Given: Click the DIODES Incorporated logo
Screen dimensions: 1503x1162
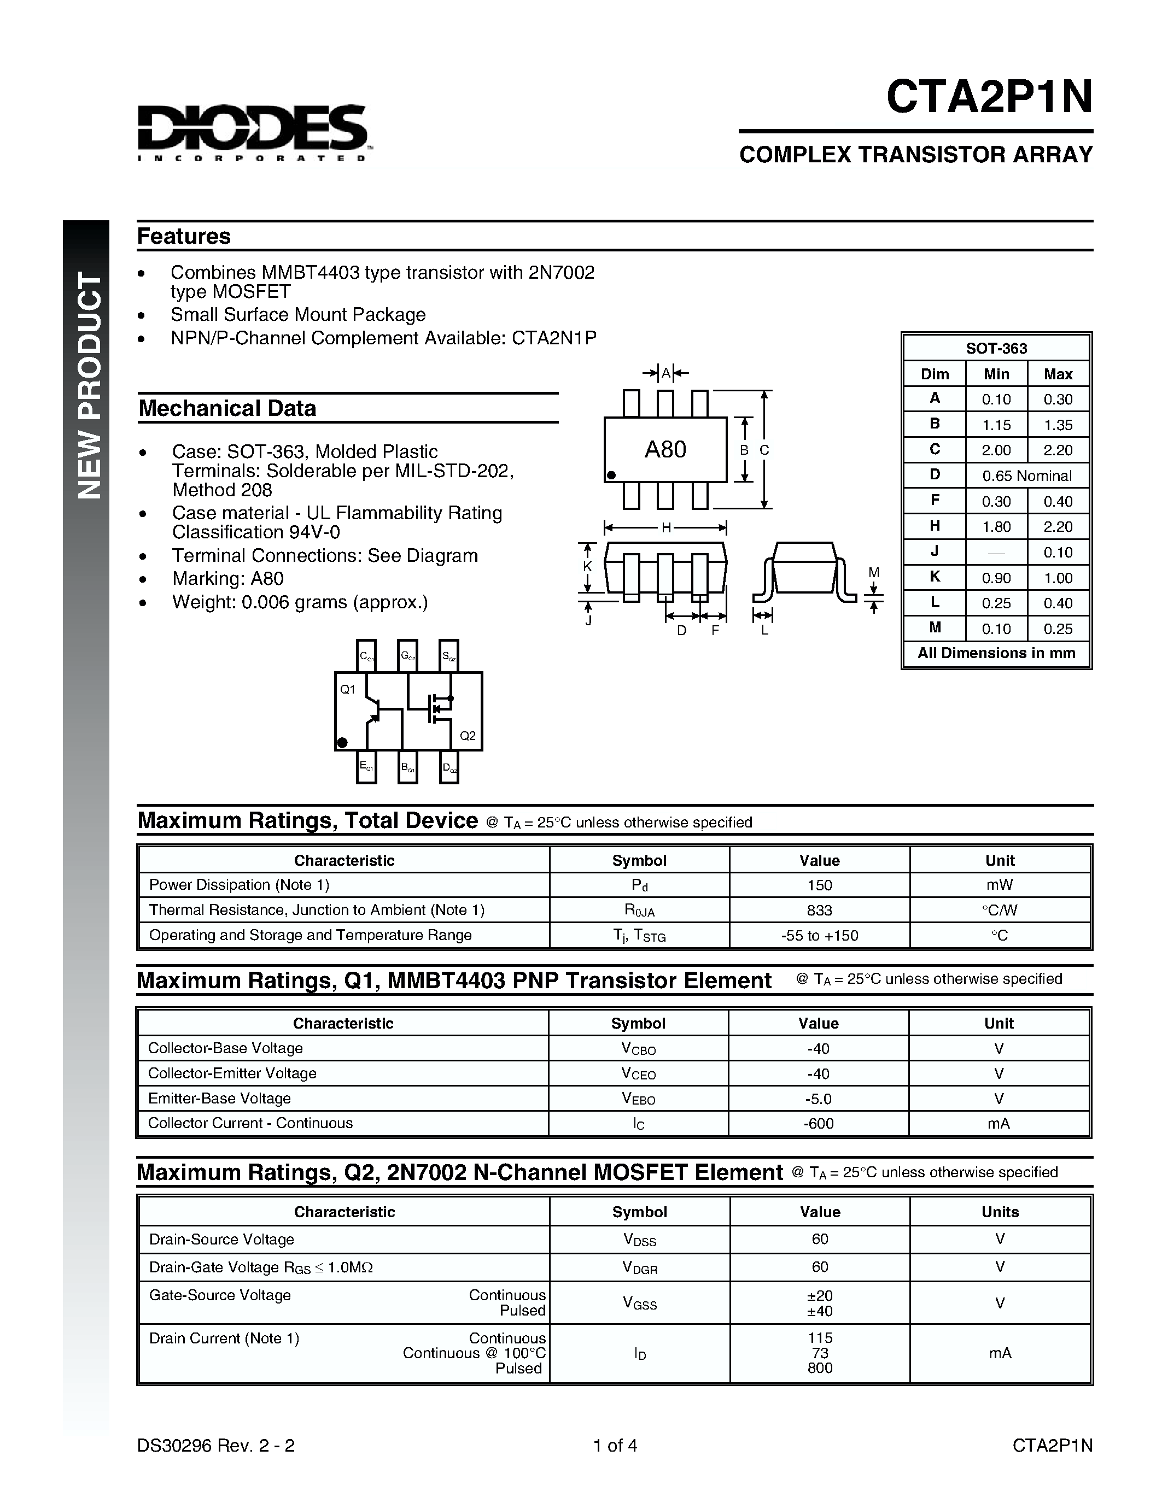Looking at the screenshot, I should [x=253, y=133].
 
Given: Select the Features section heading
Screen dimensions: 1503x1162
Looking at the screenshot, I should [x=184, y=236].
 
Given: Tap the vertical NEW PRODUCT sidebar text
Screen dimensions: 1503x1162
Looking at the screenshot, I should [x=89, y=386].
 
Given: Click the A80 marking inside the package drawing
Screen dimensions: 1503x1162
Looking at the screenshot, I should [x=665, y=449].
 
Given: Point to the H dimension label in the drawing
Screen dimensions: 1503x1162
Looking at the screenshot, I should [x=665, y=528].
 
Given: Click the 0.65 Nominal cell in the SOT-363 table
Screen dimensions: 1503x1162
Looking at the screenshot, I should [x=1026, y=475].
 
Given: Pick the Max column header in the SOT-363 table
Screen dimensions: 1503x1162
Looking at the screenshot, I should [x=1058, y=374].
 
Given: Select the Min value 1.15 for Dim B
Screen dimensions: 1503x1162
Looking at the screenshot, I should [x=996, y=425].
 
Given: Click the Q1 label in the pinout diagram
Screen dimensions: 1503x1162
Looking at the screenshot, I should [x=348, y=689].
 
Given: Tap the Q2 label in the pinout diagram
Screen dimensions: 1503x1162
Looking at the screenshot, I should [x=468, y=736].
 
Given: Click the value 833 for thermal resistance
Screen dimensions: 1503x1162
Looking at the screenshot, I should [x=819, y=910].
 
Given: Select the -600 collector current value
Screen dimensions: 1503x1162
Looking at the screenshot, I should [x=818, y=1123].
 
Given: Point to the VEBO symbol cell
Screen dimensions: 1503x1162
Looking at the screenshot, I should [x=638, y=1099].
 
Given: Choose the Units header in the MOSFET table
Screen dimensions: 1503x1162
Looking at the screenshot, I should [x=1000, y=1212].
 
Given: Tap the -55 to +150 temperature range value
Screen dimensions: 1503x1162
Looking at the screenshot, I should [x=819, y=935].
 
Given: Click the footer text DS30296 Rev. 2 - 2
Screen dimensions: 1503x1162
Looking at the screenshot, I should [x=215, y=1445].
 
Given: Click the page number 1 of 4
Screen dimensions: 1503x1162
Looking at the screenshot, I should [x=615, y=1445].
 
